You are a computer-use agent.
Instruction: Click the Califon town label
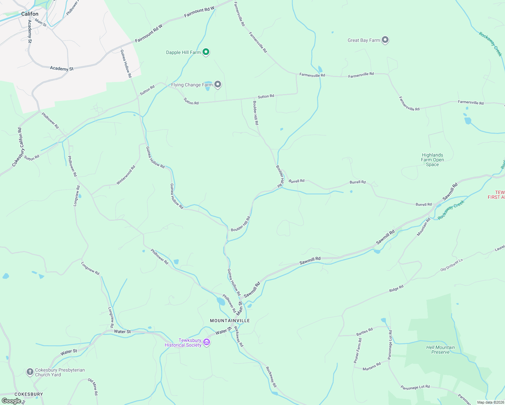coord(30,14)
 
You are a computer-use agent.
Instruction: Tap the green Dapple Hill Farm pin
coord(206,52)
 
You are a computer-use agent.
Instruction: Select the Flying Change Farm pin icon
coord(218,84)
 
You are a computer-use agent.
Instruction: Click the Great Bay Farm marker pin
coord(385,40)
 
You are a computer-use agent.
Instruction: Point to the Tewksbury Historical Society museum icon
coord(207,342)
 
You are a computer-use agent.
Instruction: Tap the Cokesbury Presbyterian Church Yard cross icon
coord(30,372)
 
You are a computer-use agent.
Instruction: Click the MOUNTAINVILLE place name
coord(230,321)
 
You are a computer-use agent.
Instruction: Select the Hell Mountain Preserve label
coord(440,350)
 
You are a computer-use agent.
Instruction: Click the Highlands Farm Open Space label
coord(432,160)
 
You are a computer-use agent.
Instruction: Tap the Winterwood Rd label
coord(126,174)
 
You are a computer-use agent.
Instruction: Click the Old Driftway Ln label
coord(451,265)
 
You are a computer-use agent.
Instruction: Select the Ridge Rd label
coord(396,289)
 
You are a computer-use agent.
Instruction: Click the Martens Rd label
coord(371,367)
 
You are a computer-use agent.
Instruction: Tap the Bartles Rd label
coord(364,332)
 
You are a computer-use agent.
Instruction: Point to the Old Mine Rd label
coord(93,387)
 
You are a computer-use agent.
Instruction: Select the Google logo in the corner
coord(11,401)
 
